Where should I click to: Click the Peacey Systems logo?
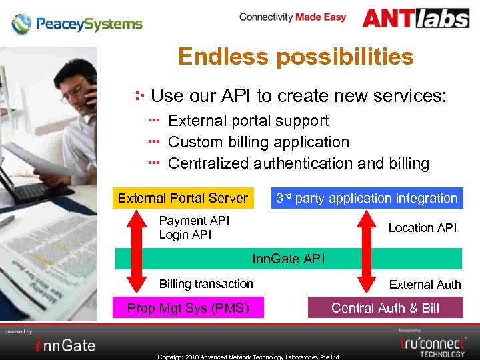[77, 24]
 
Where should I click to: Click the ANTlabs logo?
[415, 18]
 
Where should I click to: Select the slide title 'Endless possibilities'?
[295, 57]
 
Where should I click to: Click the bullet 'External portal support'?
[248, 121]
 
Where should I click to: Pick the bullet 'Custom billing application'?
[258, 142]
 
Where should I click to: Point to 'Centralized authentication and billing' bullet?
[298, 163]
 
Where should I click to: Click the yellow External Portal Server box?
[183, 198]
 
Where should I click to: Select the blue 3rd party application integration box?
[367, 198]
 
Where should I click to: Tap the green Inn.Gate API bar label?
[288, 259]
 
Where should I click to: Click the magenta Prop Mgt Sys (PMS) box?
[188, 308]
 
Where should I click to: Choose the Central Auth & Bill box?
[385, 308]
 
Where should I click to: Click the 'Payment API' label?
[194, 221]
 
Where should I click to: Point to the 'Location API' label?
[422, 228]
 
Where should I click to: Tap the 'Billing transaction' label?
[206, 284]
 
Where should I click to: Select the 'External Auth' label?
[425, 285]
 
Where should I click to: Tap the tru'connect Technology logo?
[432, 343]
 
